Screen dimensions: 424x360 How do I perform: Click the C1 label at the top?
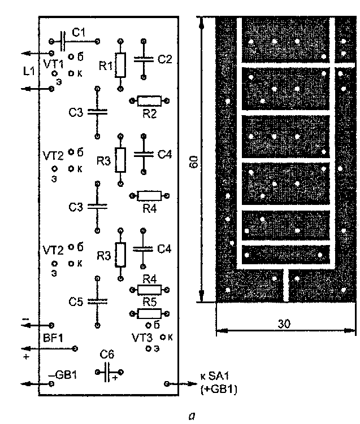[80, 33]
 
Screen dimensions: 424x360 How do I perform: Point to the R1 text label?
[106, 66]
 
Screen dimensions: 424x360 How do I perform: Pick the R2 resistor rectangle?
[150, 100]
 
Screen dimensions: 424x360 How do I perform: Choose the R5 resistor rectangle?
[150, 313]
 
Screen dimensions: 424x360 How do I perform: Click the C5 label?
[76, 302]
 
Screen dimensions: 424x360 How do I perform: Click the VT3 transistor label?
[142, 338]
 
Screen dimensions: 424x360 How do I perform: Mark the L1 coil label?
[29, 72]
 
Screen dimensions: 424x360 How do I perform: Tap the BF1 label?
[51, 338]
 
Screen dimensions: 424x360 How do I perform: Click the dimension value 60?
[194, 163]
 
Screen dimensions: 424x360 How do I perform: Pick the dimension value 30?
[285, 325]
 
